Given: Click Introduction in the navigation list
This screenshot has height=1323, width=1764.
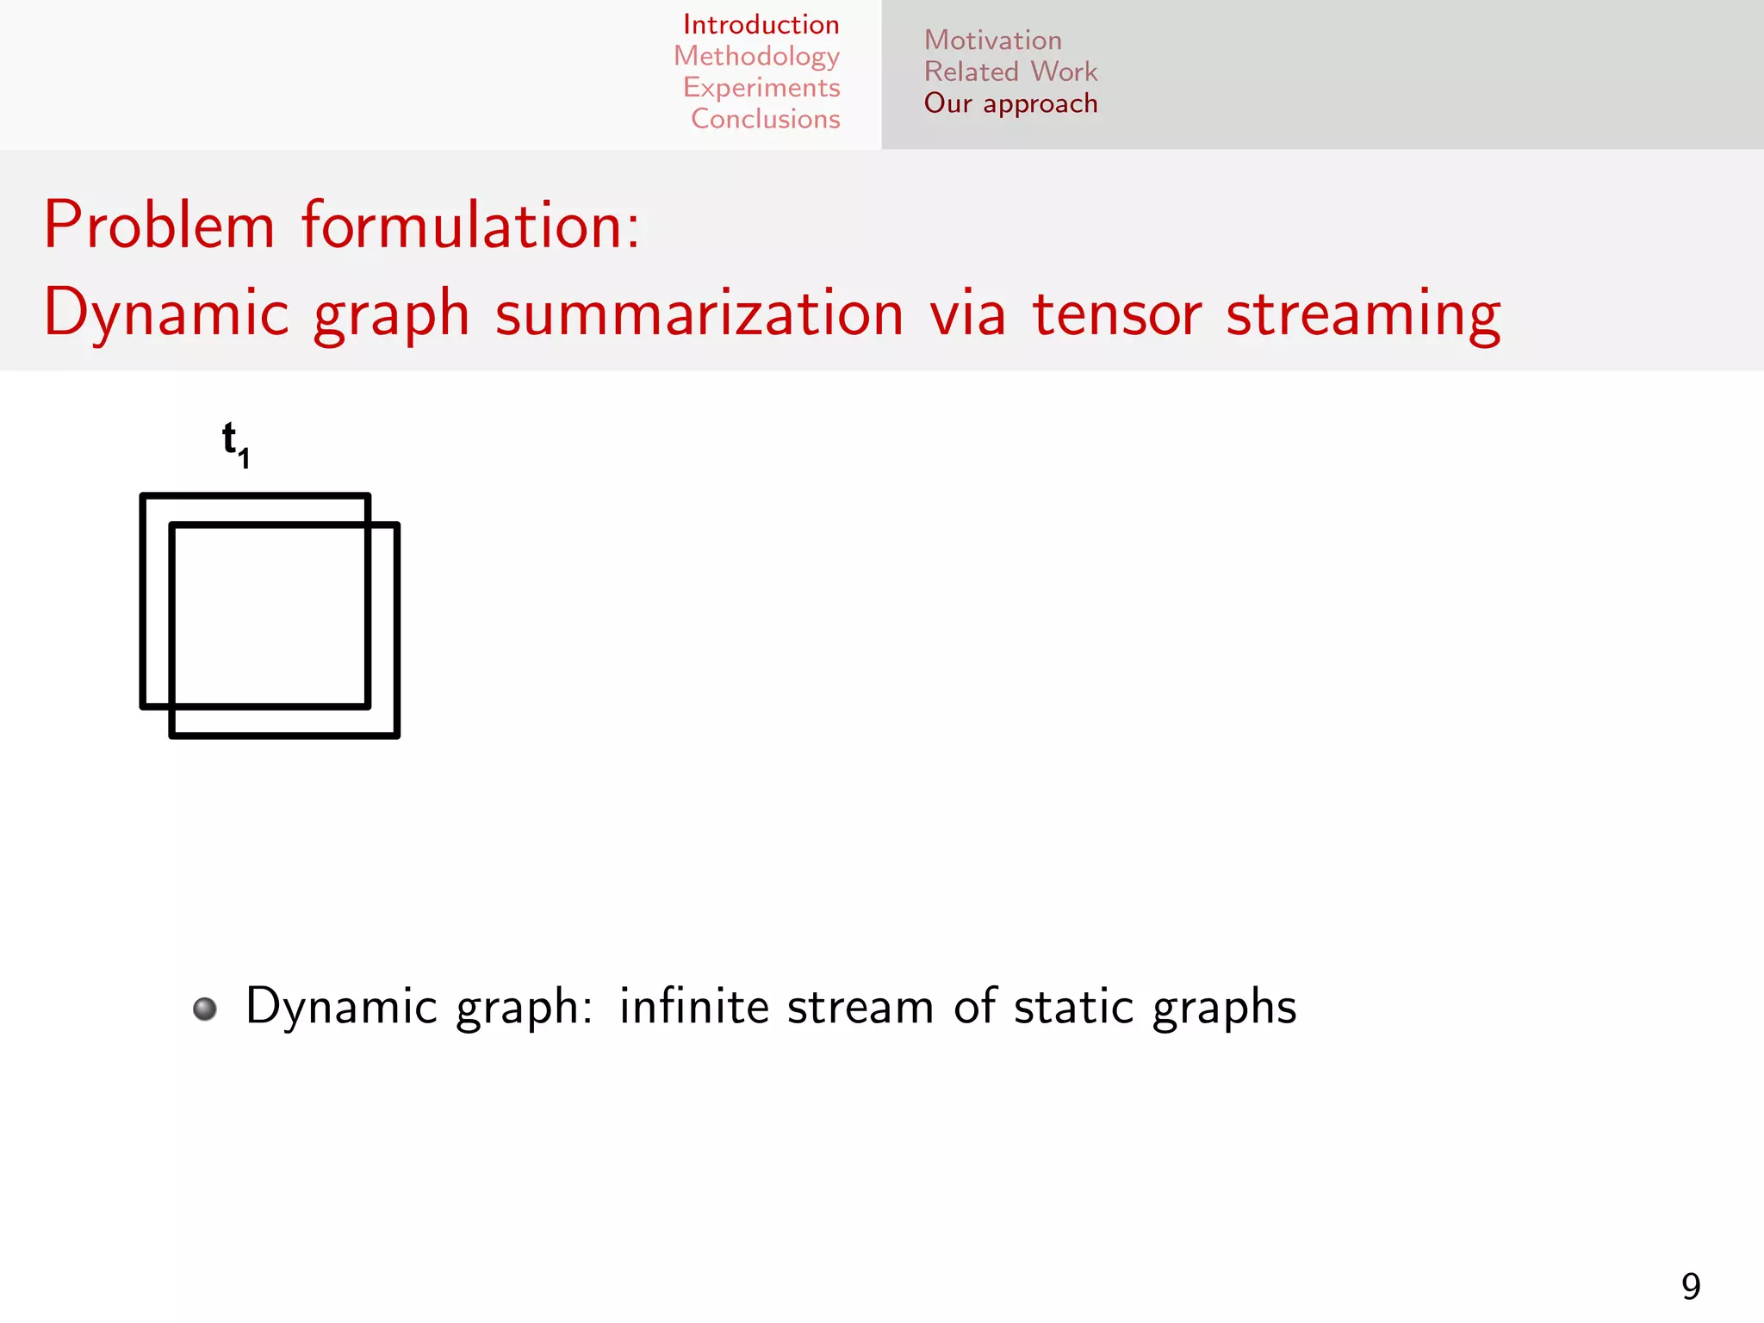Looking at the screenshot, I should coord(761,25).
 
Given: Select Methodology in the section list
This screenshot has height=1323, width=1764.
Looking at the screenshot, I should coord(756,56).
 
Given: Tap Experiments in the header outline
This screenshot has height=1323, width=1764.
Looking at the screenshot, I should coord(761,88).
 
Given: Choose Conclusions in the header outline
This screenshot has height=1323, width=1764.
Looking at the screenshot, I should coord(765,119).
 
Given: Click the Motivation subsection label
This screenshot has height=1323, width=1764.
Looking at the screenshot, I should coord(992,40).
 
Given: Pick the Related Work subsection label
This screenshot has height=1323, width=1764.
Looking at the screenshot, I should coord(1010,71).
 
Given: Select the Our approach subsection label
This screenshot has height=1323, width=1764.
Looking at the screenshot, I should coord(1010,103).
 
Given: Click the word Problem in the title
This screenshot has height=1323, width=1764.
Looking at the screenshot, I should coord(159,226).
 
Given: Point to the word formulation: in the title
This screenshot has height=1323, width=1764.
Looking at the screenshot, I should coord(470,226).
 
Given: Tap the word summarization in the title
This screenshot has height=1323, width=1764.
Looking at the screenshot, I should coord(699,314).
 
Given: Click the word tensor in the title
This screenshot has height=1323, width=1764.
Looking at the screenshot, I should coord(1116,314).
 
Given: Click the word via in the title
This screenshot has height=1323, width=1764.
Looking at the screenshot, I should coord(967,314).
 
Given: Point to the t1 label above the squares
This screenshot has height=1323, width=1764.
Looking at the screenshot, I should coord(235,444).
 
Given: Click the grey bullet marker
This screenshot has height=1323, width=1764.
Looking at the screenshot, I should coord(205,1009).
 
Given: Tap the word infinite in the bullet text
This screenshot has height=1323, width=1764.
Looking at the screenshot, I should coord(693,1006).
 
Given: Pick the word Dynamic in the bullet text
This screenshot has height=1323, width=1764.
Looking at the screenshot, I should coord(341,1008).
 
